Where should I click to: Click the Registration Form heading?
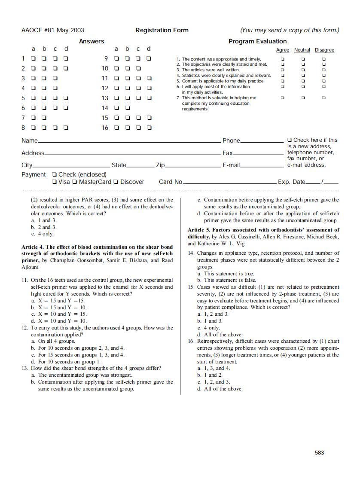click(x=162, y=30)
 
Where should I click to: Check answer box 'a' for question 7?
click(x=33, y=118)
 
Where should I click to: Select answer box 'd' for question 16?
click(x=149, y=128)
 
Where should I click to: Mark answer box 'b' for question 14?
click(x=127, y=108)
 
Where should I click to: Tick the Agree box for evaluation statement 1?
click(x=282, y=59)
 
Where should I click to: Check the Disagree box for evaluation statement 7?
click(x=324, y=98)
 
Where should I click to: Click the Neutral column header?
click(x=302, y=50)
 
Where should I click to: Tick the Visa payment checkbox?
click(x=54, y=182)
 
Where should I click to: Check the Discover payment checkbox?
click(x=116, y=182)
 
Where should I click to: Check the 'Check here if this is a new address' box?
click(x=290, y=140)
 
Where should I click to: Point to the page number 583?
click(x=319, y=453)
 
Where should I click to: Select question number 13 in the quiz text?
click(x=25, y=368)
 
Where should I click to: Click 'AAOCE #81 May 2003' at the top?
click(x=53, y=30)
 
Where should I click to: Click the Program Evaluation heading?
click(x=257, y=41)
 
